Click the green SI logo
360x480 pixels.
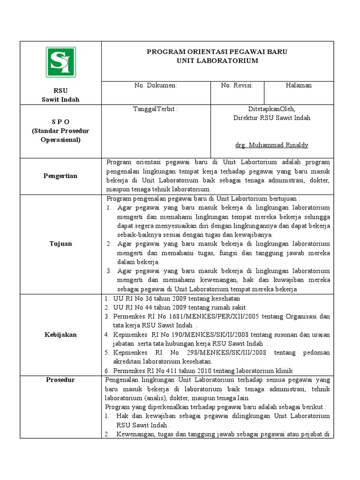pyautogui.click(x=60, y=62)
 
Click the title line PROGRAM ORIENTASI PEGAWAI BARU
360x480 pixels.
pyautogui.click(x=217, y=52)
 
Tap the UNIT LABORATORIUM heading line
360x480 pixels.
pyautogui.click(x=217, y=61)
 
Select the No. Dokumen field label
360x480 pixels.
pyautogui.click(x=155, y=85)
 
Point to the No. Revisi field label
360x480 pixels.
pyautogui.click(x=237, y=85)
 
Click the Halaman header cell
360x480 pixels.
pyautogui.click(x=299, y=85)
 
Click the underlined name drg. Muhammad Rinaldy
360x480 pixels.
pyautogui.click(x=272, y=145)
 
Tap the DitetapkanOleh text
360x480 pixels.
pyautogui.click(x=272, y=109)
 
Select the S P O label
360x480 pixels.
pyautogui.click(x=60, y=122)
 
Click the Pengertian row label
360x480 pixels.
pyautogui.click(x=60, y=176)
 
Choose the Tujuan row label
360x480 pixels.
pyautogui.click(x=60, y=244)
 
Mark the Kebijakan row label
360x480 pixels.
pyautogui.click(x=60, y=335)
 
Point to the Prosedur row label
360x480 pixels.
pyautogui.click(x=60, y=380)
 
